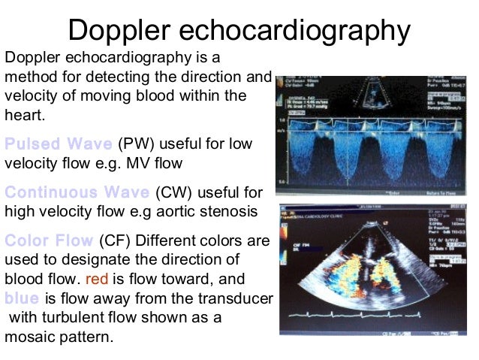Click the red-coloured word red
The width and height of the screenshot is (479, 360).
point(98,279)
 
